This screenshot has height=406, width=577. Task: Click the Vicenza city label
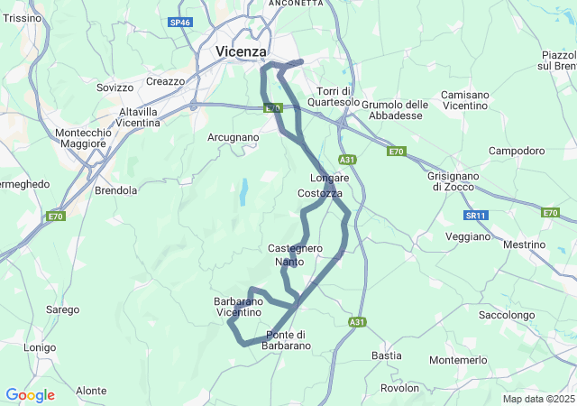pyautogui.click(x=242, y=52)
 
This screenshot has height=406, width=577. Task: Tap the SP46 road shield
pyautogui.click(x=180, y=22)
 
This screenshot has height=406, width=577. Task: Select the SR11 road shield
pyautogui.click(x=476, y=216)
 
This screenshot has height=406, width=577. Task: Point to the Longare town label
pyautogui.click(x=329, y=178)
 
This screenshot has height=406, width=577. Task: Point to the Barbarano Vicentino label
pyautogui.click(x=239, y=307)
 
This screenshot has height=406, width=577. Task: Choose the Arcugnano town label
pyautogui.click(x=233, y=138)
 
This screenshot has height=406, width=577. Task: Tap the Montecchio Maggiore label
pyautogui.click(x=83, y=139)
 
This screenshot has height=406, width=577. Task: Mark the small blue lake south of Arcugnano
pyautogui.click(x=243, y=189)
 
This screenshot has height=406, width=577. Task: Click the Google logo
pyautogui.click(x=30, y=395)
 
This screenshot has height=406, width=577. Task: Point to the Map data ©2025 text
pyautogui.click(x=537, y=399)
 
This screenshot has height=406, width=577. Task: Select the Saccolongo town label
pyautogui.click(x=508, y=316)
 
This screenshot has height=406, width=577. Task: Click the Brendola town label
pyautogui.click(x=115, y=191)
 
